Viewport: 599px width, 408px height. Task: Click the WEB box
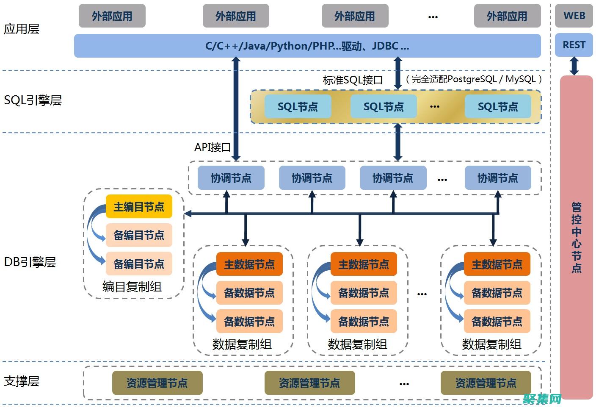click(574, 16)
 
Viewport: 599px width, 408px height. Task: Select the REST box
click(574, 45)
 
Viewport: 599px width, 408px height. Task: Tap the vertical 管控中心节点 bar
click(576, 237)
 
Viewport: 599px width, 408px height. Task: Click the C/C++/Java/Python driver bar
click(307, 46)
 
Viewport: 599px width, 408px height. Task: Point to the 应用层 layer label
click(22, 29)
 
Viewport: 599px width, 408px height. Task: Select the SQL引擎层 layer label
click(33, 100)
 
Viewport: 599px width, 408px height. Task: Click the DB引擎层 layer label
click(30, 262)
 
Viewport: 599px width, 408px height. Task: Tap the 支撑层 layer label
click(22, 381)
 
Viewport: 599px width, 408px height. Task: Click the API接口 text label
click(213, 147)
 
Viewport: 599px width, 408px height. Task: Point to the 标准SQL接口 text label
click(353, 80)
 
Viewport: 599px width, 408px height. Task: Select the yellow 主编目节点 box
click(139, 207)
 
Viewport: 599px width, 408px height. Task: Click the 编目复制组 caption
click(132, 287)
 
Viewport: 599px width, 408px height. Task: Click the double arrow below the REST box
click(574, 66)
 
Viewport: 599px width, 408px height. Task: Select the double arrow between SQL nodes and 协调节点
click(397, 142)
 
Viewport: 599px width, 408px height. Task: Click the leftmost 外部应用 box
click(112, 16)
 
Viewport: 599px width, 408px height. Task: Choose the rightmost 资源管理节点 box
click(486, 383)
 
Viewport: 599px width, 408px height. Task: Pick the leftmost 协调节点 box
click(231, 178)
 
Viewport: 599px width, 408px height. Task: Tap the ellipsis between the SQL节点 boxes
click(435, 107)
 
